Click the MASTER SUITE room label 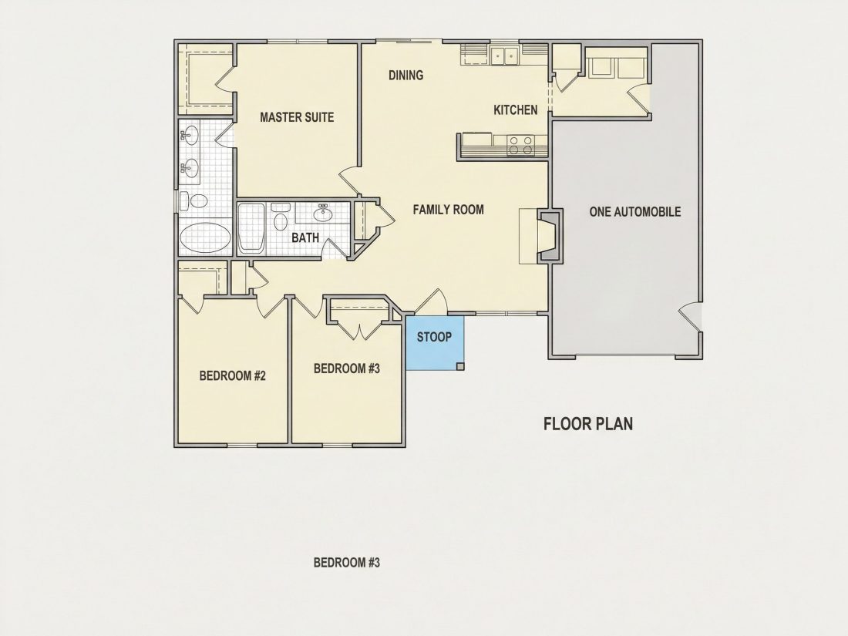pyautogui.click(x=297, y=117)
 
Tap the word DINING pyautogui.click(x=405, y=75)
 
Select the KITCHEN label pyautogui.click(x=516, y=110)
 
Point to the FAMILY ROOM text pyautogui.click(x=448, y=209)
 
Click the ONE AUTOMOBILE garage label pyautogui.click(x=634, y=211)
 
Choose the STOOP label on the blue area pyautogui.click(x=434, y=337)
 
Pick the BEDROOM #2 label pyautogui.click(x=232, y=376)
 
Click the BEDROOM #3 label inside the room pyautogui.click(x=347, y=368)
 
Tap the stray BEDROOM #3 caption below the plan pyautogui.click(x=347, y=563)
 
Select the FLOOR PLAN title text pyautogui.click(x=588, y=423)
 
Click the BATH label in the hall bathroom pyautogui.click(x=305, y=238)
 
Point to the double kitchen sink pyautogui.click(x=504, y=55)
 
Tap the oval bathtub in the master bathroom pyautogui.click(x=204, y=237)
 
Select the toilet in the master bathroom pyautogui.click(x=197, y=202)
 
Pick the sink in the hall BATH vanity pyautogui.click(x=324, y=213)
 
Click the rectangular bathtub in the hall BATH pyautogui.click(x=251, y=228)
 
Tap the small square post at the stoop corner pyautogui.click(x=460, y=366)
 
